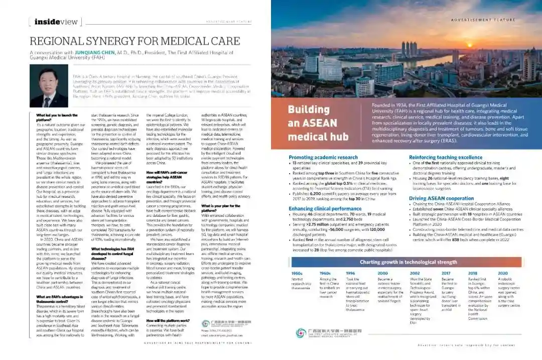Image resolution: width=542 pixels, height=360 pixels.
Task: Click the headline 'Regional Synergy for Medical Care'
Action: tap(134, 41)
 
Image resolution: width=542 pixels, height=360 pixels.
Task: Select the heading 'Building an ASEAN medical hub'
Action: tap(318, 123)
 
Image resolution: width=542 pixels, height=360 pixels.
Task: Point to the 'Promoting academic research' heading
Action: tap(323, 157)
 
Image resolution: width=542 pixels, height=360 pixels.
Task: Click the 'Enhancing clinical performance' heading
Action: tap(325, 208)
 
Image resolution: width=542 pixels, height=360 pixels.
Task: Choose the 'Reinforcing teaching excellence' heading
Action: tap(446, 157)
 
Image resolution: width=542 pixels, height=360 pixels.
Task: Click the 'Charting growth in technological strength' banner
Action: tap(408, 262)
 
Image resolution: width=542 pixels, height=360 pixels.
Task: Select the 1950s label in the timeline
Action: tap(297, 273)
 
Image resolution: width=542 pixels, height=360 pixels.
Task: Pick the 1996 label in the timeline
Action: tap(350, 273)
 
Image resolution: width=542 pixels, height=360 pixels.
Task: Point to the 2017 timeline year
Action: tap(446, 273)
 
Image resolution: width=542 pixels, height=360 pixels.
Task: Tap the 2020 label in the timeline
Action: tap(503, 273)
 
